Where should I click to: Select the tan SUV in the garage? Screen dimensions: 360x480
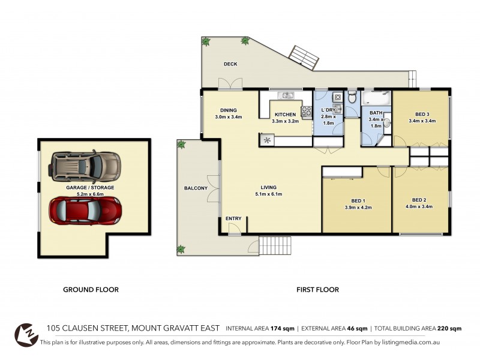pyautogui.click(x=85, y=166)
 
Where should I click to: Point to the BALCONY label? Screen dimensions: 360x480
pyautogui.click(x=196, y=188)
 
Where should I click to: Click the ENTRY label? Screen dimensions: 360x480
pyautogui.click(x=233, y=218)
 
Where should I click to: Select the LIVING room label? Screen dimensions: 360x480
pyautogui.click(x=268, y=187)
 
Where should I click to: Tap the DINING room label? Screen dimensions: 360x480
pyautogui.click(x=228, y=110)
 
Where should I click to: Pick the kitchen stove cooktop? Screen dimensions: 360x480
pyautogui.click(x=306, y=111)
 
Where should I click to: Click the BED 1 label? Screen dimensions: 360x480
pyautogui.click(x=359, y=201)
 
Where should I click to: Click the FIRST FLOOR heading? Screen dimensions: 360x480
pyautogui.click(x=317, y=290)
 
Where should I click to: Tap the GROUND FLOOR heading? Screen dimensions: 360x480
pyautogui.click(x=91, y=290)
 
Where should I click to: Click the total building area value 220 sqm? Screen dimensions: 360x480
pyautogui.click(x=449, y=329)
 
